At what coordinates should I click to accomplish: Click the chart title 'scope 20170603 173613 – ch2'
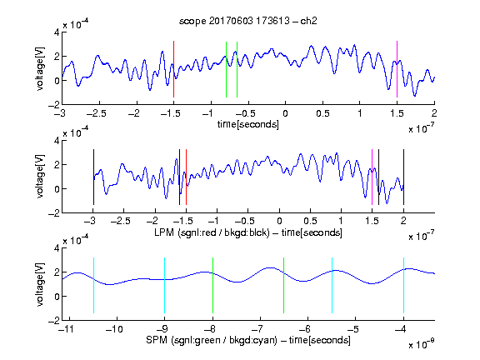click(x=248, y=21)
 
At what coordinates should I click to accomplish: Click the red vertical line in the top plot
click(x=173, y=69)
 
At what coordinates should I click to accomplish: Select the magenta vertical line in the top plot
click(x=397, y=69)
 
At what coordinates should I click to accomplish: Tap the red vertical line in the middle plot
click(x=186, y=177)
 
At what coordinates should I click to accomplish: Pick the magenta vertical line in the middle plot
click(x=372, y=177)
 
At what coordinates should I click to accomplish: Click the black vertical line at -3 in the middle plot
click(x=93, y=177)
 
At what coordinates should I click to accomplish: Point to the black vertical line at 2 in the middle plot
click(x=403, y=177)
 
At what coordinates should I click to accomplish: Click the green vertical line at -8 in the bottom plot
click(x=212, y=285)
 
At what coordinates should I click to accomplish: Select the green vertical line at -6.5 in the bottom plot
click(x=284, y=285)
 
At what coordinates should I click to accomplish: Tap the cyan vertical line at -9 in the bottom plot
click(x=165, y=285)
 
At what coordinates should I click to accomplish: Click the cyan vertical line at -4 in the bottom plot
click(x=404, y=285)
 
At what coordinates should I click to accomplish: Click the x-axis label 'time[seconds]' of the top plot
click(x=248, y=124)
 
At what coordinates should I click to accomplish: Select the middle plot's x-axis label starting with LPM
click(x=248, y=232)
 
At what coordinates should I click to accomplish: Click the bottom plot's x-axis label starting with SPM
click(x=248, y=340)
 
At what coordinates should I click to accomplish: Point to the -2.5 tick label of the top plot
click(x=97, y=114)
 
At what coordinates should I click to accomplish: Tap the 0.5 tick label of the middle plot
click(x=310, y=221)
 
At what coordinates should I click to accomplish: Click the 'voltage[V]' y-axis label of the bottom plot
click(x=40, y=284)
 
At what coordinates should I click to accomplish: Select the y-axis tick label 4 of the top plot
click(x=57, y=32)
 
